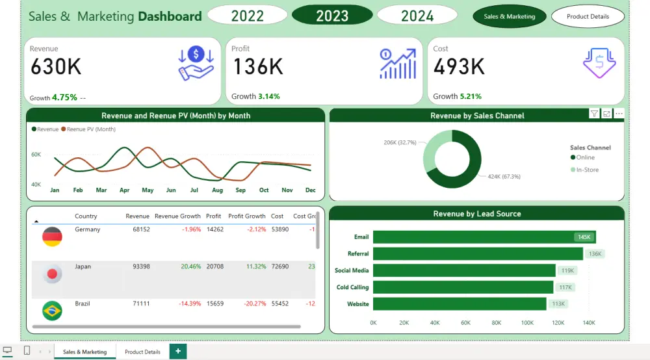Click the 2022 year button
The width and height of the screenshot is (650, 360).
click(247, 16)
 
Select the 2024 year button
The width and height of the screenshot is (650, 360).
click(417, 16)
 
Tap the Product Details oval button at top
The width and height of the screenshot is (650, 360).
click(588, 16)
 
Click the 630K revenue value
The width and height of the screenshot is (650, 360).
click(56, 67)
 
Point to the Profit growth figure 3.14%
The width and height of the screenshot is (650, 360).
click(268, 96)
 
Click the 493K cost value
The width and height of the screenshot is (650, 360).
click(459, 67)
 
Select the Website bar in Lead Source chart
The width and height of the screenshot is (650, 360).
click(460, 303)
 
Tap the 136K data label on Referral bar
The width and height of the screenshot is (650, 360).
click(595, 254)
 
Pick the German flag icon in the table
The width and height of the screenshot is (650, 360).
click(52, 237)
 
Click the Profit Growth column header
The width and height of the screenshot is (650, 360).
click(246, 216)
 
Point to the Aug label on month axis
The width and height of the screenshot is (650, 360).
click(217, 190)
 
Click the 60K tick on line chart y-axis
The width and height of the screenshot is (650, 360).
click(36, 155)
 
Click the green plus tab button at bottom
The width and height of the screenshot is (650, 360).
click(178, 352)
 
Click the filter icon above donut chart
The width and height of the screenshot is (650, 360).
click(594, 114)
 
